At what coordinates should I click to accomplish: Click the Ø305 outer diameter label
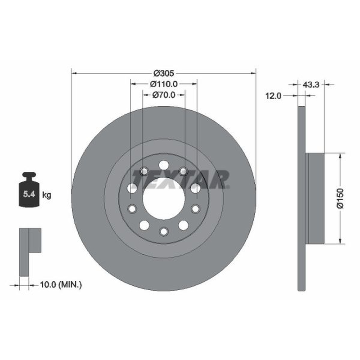tap(164, 73)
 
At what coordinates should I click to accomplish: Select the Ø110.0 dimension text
tap(164, 84)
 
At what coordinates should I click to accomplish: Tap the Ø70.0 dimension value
tap(164, 95)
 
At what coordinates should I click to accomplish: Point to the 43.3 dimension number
tap(311, 85)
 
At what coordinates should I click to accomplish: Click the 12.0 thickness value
tap(273, 96)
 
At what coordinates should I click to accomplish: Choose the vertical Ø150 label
tap(340, 198)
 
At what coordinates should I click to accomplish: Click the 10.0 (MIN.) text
tap(61, 285)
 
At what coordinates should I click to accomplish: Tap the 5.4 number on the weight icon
tap(29, 194)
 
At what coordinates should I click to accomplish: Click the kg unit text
tap(47, 195)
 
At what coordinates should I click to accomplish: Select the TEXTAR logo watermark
tap(181, 179)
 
